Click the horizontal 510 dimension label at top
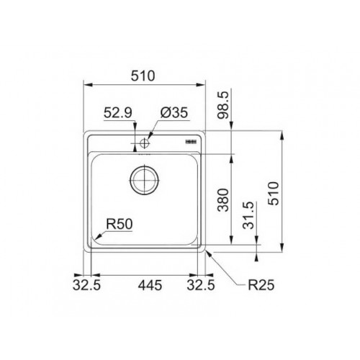tap(143, 76)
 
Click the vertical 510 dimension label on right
tap(274, 194)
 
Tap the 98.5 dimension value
tap(223, 105)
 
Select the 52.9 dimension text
tap(118, 112)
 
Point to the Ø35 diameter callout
tap(174, 112)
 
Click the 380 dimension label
tap(222, 200)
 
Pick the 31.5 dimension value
tap(248, 215)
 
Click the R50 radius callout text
tap(120, 224)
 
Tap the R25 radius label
tap(261, 285)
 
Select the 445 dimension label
tap(150, 285)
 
